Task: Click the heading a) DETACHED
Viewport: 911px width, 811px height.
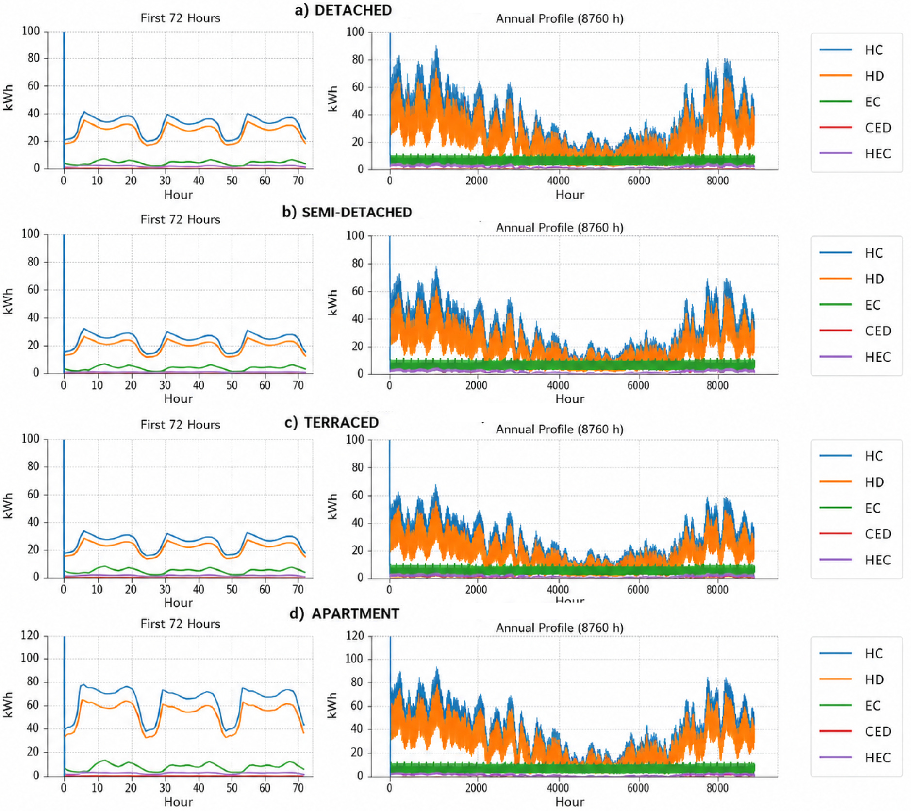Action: tap(343, 10)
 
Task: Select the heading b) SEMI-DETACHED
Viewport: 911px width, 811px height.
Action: tap(347, 212)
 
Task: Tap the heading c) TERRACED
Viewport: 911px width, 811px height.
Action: tap(331, 422)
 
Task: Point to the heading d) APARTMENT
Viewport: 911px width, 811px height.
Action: tap(344, 613)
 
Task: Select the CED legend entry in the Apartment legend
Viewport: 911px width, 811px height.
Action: tap(855, 731)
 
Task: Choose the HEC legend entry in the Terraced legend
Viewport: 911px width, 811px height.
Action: tap(855, 560)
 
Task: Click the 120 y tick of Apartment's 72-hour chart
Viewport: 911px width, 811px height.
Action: tap(30, 635)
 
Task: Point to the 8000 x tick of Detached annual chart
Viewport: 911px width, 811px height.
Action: tap(717, 181)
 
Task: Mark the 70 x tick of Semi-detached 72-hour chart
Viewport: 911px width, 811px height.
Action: tap(298, 385)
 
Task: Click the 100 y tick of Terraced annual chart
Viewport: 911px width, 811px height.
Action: tap(355, 439)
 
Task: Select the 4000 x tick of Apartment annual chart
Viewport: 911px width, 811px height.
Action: tap(558, 787)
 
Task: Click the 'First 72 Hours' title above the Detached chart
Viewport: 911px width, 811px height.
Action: tap(181, 18)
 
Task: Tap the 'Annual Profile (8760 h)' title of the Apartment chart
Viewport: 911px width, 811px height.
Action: tap(560, 628)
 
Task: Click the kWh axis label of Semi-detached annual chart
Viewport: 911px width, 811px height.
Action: tap(332, 302)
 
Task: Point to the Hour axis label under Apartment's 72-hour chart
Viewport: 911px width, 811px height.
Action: tap(179, 802)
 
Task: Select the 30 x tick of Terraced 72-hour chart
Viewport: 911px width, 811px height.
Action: tap(165, 589)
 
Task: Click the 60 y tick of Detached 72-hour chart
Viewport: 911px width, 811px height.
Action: tap(33, 85)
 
